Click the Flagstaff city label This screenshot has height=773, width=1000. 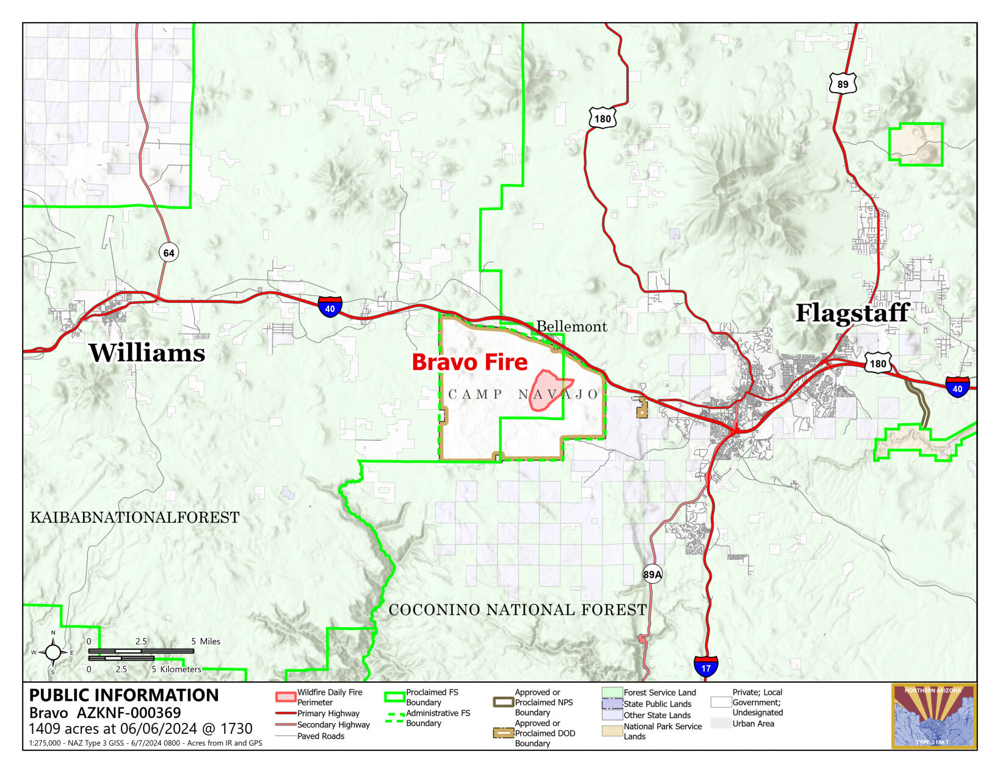click(852, 313)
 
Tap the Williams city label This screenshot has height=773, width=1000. click(147, 353)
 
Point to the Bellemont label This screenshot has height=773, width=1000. click(571, 327)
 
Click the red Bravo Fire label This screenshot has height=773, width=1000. click(469, 362)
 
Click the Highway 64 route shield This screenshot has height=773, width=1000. click(168, 253)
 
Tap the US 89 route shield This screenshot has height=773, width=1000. click(842, 84)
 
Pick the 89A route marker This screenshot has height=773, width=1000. click(652, 574)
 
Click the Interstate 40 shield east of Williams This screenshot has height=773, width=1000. click(330, 307)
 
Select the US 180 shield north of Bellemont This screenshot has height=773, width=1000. click(602, 118)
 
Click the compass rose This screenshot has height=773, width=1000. click(53, 653)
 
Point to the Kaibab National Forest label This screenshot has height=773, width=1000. click(135, 518)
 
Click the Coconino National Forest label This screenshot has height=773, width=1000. click(517, 609)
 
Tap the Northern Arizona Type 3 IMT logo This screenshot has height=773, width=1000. click(933, 716)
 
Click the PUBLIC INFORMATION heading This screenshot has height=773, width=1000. click(124, 695)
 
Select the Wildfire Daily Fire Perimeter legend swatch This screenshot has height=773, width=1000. click(285, 697)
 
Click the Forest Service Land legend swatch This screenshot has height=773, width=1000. click(612, 692)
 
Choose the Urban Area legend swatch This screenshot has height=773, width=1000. click(720, 724)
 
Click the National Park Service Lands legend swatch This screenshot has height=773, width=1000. click(612, 731)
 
